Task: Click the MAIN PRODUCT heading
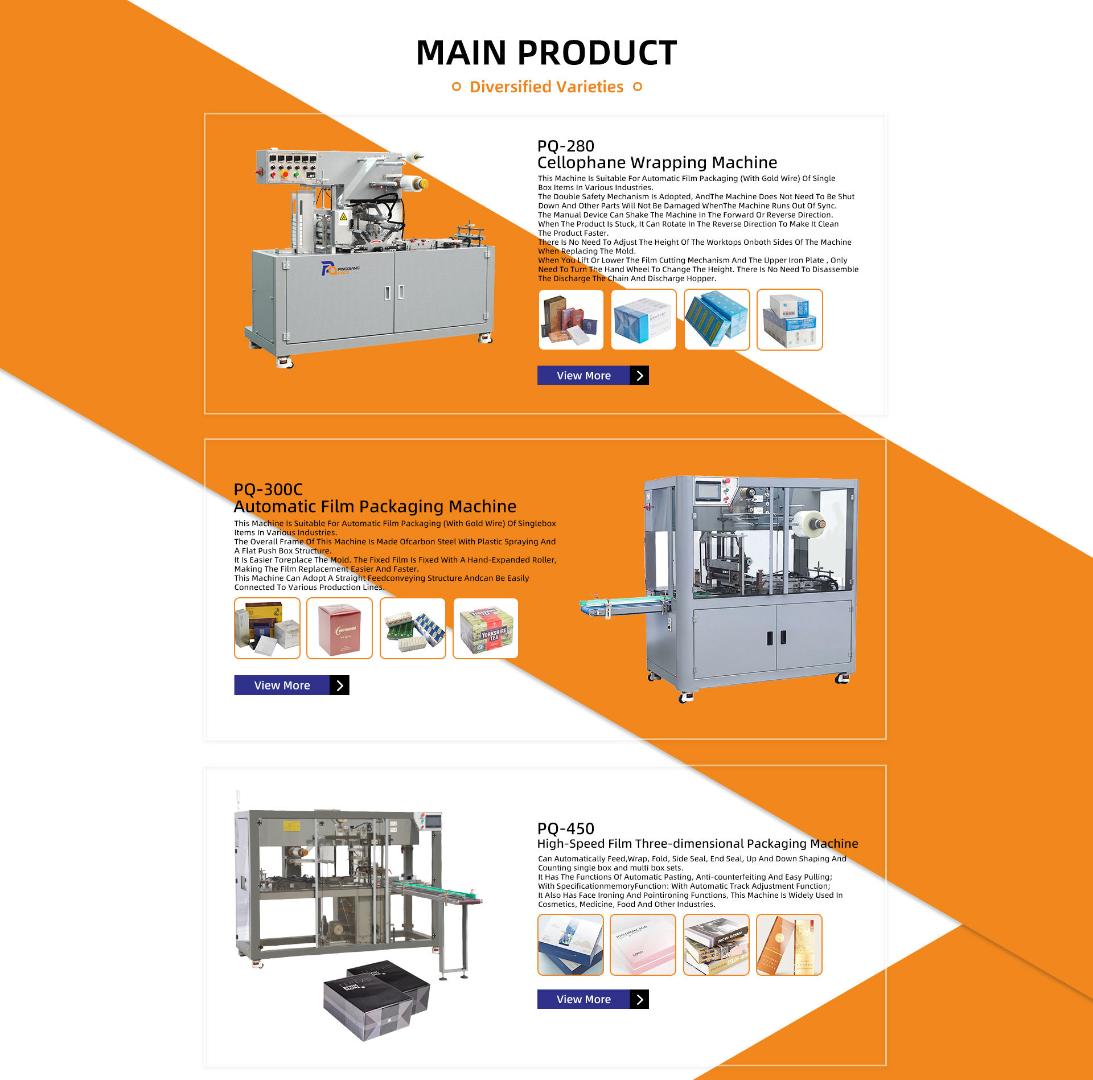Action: pos(546,53)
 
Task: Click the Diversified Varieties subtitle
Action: pos(546,87)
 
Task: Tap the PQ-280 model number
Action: pos(566,146)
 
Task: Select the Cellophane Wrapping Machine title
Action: pos(657,163)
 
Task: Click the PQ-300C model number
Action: pos(268,490)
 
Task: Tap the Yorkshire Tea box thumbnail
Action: pos(486,629)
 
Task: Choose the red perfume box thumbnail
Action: pos(339,629)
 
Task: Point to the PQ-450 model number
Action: pos(566,829)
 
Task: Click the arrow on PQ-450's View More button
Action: pos(639,999)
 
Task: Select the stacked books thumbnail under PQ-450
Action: pos(716,945)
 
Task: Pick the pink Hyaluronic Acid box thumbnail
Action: pos(643,945)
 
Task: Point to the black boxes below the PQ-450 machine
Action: pos(376,1002)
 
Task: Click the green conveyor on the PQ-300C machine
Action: pos(621,603)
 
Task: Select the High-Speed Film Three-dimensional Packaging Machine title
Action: pos(697,844)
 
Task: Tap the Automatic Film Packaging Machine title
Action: pos(375,507)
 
